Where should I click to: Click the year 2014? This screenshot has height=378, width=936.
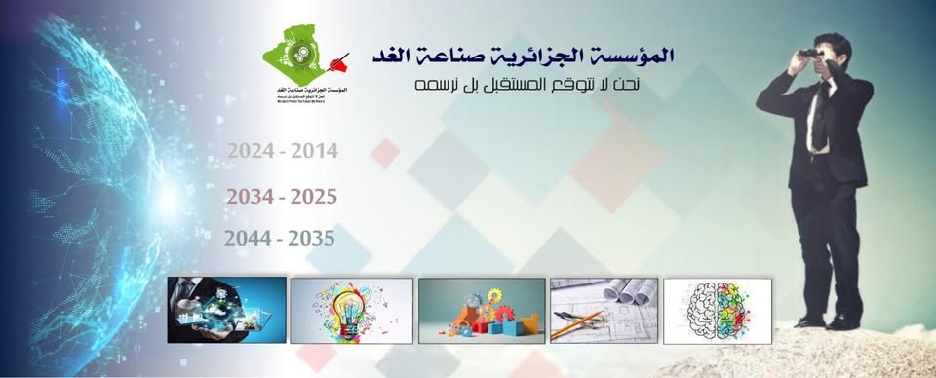(x=315, y=151)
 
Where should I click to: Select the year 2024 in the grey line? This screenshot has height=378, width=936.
(x=250, y=151)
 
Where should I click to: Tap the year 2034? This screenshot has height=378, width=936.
(x=250, y=197)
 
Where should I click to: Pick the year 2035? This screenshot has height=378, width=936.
(x=311, y=238)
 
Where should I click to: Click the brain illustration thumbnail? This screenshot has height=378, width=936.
(x=717, y=310)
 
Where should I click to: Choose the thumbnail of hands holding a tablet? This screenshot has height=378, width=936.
(x=226, y=310)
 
